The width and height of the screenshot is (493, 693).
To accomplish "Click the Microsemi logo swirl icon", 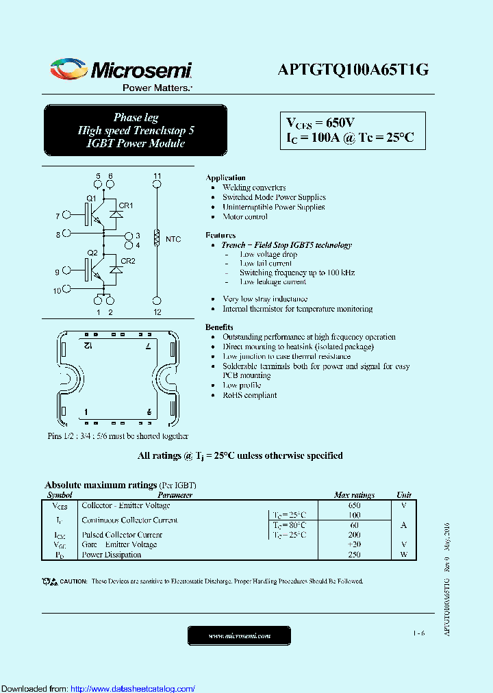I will [x=68, y=70].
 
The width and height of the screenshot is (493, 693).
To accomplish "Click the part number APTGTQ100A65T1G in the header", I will [x=353, y=70].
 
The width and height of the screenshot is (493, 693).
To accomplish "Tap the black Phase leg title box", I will [x=135, y=130].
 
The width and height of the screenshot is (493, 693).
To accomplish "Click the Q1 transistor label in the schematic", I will [x=91, y=199].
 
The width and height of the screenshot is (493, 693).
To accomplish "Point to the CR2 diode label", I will [x=127, y=260].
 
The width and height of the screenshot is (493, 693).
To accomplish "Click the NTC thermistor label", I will [x=174, y=239].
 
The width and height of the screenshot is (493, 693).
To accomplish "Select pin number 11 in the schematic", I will [x=157, y=177].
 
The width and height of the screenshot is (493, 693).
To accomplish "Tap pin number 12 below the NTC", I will [x=157, y=312].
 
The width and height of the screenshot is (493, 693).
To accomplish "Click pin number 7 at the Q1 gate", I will [x=58, y=217].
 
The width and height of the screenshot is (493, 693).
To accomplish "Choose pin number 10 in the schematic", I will [x=57, y=290].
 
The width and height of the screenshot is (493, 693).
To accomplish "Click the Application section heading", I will [x=225, y=178].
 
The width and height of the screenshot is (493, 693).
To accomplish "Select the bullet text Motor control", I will [x=245, y=216].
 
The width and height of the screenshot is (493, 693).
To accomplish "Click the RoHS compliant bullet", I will [x=249, y=395].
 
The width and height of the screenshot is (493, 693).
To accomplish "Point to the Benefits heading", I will [x=219, y=327].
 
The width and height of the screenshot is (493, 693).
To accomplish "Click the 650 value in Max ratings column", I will [x=354, y=505].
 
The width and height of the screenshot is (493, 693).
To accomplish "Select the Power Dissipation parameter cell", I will [x=111, y=555].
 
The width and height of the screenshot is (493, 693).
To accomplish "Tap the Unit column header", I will [x=404, y=495].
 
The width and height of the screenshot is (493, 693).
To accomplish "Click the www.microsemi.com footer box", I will [x=239, y=636].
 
